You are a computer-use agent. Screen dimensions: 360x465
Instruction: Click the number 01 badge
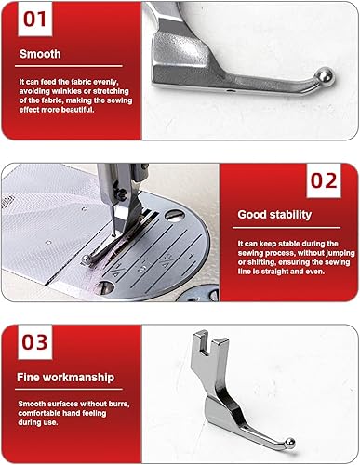click(x=35, y=19)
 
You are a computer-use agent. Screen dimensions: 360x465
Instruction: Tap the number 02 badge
click(x=324, y=180)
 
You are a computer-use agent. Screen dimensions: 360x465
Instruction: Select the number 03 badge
click(x=35, y=342)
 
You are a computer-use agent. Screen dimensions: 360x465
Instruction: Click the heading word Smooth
click(x=40, y=54)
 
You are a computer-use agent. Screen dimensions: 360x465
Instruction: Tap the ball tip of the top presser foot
click(x=325, y=75)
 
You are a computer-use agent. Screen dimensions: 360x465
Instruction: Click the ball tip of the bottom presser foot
click(x=290, y=443)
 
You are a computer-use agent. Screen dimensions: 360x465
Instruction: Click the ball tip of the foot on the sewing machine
click(x=87, y=259)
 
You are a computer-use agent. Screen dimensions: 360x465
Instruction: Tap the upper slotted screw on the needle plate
click(x=175, y=215)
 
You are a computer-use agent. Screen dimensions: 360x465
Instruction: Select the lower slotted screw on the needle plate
click(x=104, y=287)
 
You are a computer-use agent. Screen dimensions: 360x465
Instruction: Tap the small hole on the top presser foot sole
click(x=229, y=91)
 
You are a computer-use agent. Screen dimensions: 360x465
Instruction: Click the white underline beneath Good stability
click(x=287, y=228)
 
